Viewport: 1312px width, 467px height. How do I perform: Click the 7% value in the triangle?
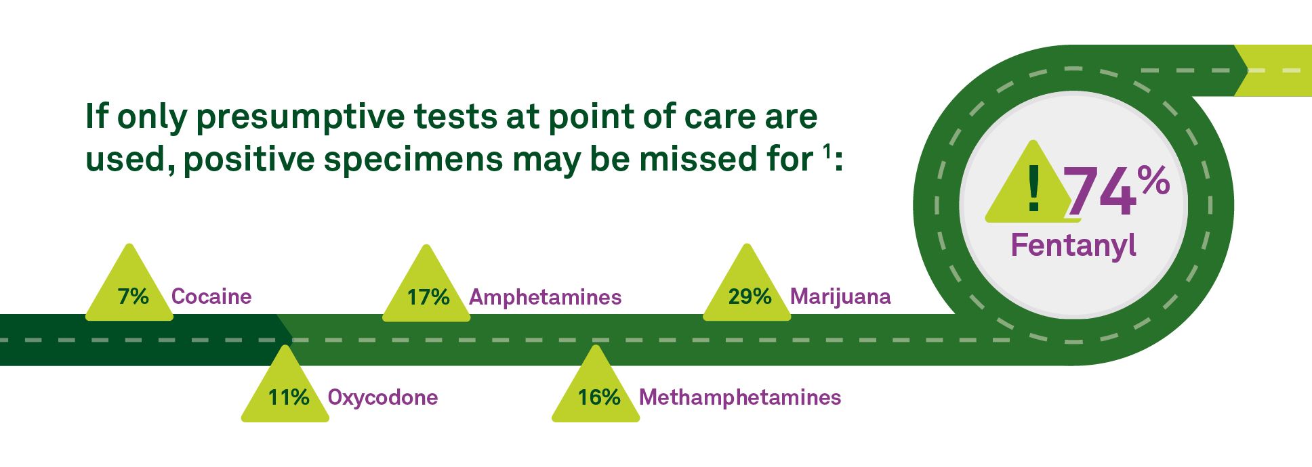pos(133,296)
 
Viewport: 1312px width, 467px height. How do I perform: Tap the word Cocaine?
pos(211,296)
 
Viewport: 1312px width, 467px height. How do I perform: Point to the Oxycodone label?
pos(383,397)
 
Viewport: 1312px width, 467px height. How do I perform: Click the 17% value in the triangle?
pos(428,297)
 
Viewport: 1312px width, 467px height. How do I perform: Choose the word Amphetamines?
pos(546,297)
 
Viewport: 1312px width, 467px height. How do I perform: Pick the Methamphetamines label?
pos(740,397)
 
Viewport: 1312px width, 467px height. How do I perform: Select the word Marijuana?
pos(840,296)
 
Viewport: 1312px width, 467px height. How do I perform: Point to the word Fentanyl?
pos(1073,245)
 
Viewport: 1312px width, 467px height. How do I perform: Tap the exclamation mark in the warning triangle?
pos(1033,190)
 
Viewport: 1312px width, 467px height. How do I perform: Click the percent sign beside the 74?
pos(1153,181)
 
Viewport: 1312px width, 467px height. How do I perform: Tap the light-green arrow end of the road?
pos(1273,70)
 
